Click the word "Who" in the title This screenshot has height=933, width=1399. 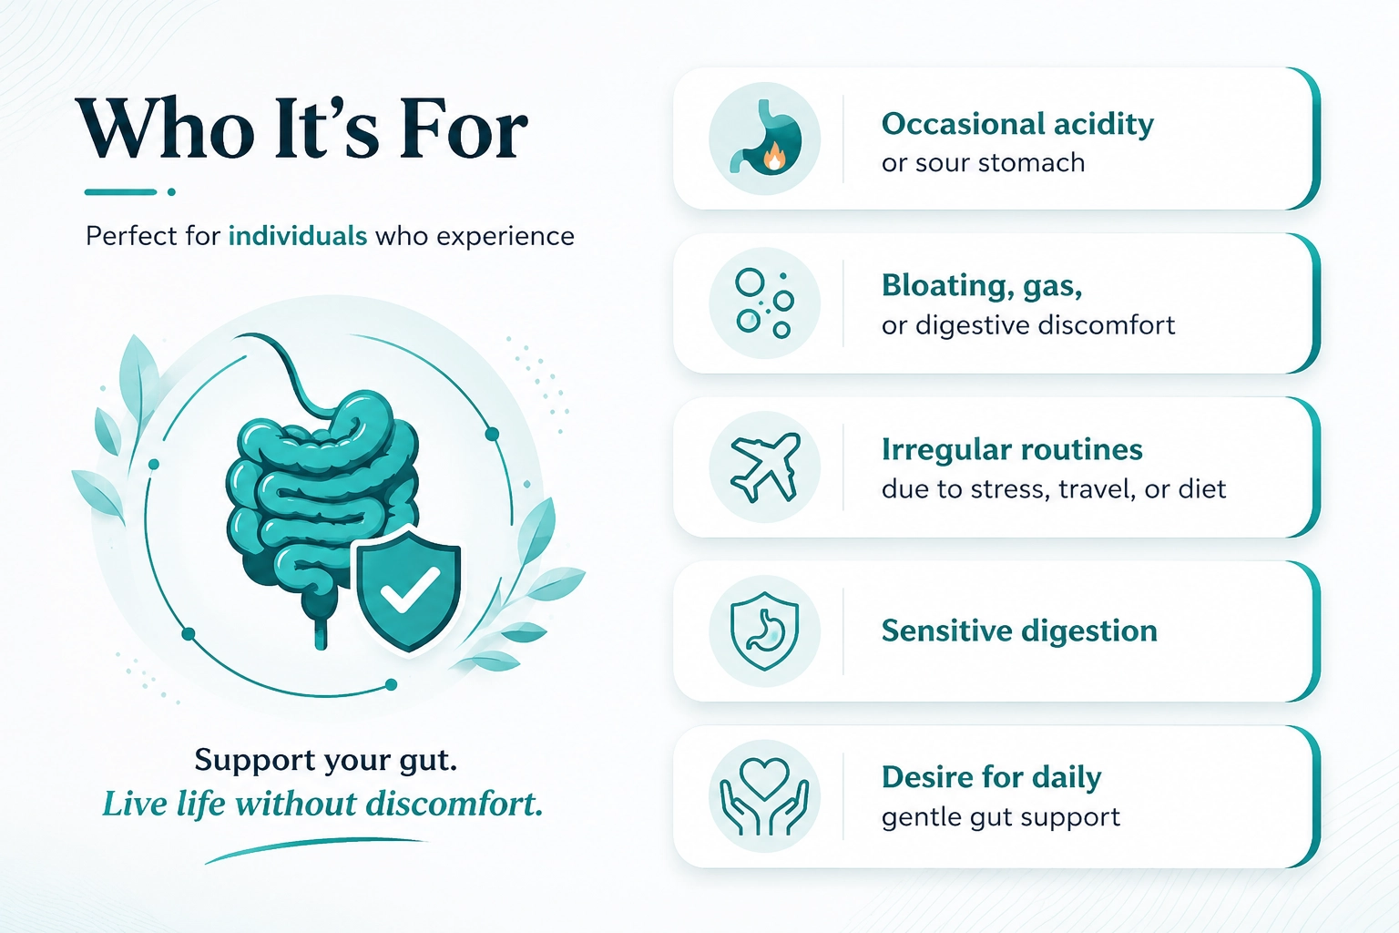166,128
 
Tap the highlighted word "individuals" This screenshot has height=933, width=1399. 298,236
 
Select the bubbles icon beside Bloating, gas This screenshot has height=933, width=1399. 764,303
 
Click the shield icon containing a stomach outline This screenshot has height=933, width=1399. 764,631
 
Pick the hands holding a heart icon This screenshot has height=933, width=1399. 764,796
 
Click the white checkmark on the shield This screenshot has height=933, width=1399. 410,590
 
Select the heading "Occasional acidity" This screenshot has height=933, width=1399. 1017,124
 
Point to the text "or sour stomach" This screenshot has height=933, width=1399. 983,163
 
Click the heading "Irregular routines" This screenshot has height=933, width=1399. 1012,450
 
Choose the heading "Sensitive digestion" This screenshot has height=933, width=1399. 1019,631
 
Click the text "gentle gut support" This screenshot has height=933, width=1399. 1001,817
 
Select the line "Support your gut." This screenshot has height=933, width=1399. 325,761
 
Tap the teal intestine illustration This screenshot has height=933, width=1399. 322,500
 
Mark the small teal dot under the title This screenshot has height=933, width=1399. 172,192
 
